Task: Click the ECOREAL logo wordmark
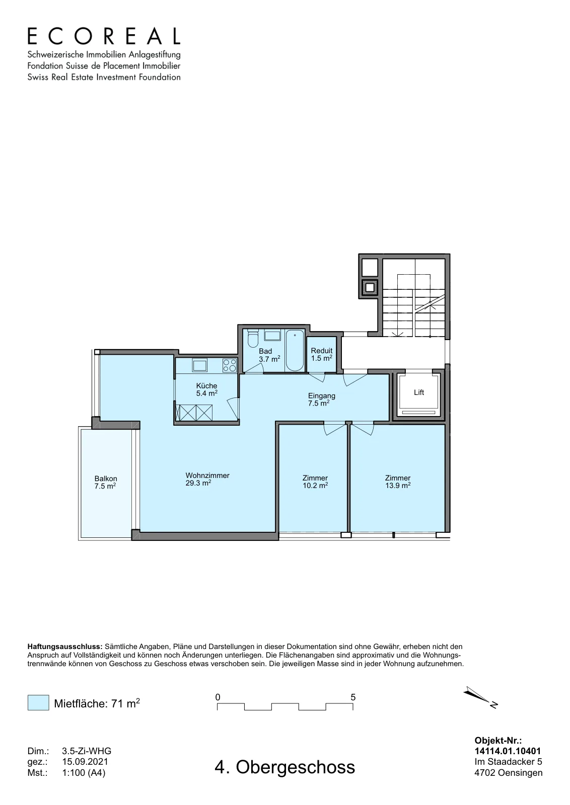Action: pos(104,36)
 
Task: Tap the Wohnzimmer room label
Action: pos(207,475)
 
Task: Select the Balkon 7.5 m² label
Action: pos(106,482)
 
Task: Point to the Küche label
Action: pos(207,386)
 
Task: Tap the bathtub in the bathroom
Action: pos(295,350)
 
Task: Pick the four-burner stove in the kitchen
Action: pos(230,365)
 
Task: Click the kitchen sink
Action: pos(199,365)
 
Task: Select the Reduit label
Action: pos(321,350)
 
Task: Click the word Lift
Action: pos(419,392)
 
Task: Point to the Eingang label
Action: pos(321,396)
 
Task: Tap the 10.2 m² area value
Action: pos(315,486)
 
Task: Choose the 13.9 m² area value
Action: pos(398,486)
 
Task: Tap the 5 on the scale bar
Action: pos(353,697)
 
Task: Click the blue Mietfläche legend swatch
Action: pos(38,702)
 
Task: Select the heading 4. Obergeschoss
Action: pos(285,767)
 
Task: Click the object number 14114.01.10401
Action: pos(508,751)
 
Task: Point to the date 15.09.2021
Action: pos(85,762)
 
